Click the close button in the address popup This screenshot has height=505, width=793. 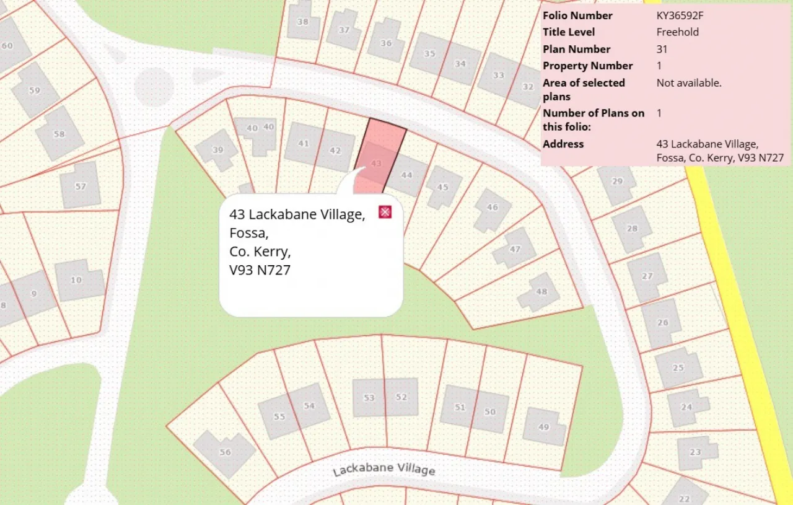pyautogui.click(x=385, y=212)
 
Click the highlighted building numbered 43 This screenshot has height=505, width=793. pyautogui.click(x=376, y=163)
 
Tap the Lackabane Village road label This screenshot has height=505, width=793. pyautogui.click(x=384, y=468)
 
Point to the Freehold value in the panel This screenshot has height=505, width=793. pyautogui.click(x=678, y=32)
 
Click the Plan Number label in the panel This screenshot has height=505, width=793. pyautogui.click(x=576, y=49)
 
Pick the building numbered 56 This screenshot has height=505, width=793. pyautogui.click(x=224, y=452)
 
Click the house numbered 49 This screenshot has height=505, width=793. pyautogui.click(x=544, y=426)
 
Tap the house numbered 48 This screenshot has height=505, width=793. pyautogui.click(x=541, y=292)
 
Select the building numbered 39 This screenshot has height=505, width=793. pyautogui.click(x=217, y=150)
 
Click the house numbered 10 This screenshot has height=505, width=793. pyautogui.click(x=76, y=280)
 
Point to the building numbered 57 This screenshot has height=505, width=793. pyautogui.click(x=81, y=186)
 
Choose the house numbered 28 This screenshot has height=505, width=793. pyautogui.click(x=631, y=229)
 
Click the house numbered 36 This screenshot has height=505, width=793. pyautogui.click(x=386, y=43)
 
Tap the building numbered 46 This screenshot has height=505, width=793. pyautogui.click(x=492, y=208)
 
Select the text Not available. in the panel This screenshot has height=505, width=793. pyautogui.click(x=689, y=82)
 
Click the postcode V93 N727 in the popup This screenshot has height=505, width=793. pyautogui.click(x=260, y=270)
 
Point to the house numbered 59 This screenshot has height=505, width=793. pyautogui.click(x=35, y=90)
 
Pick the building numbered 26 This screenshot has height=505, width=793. pyautogui.click(x=662, y=322)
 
